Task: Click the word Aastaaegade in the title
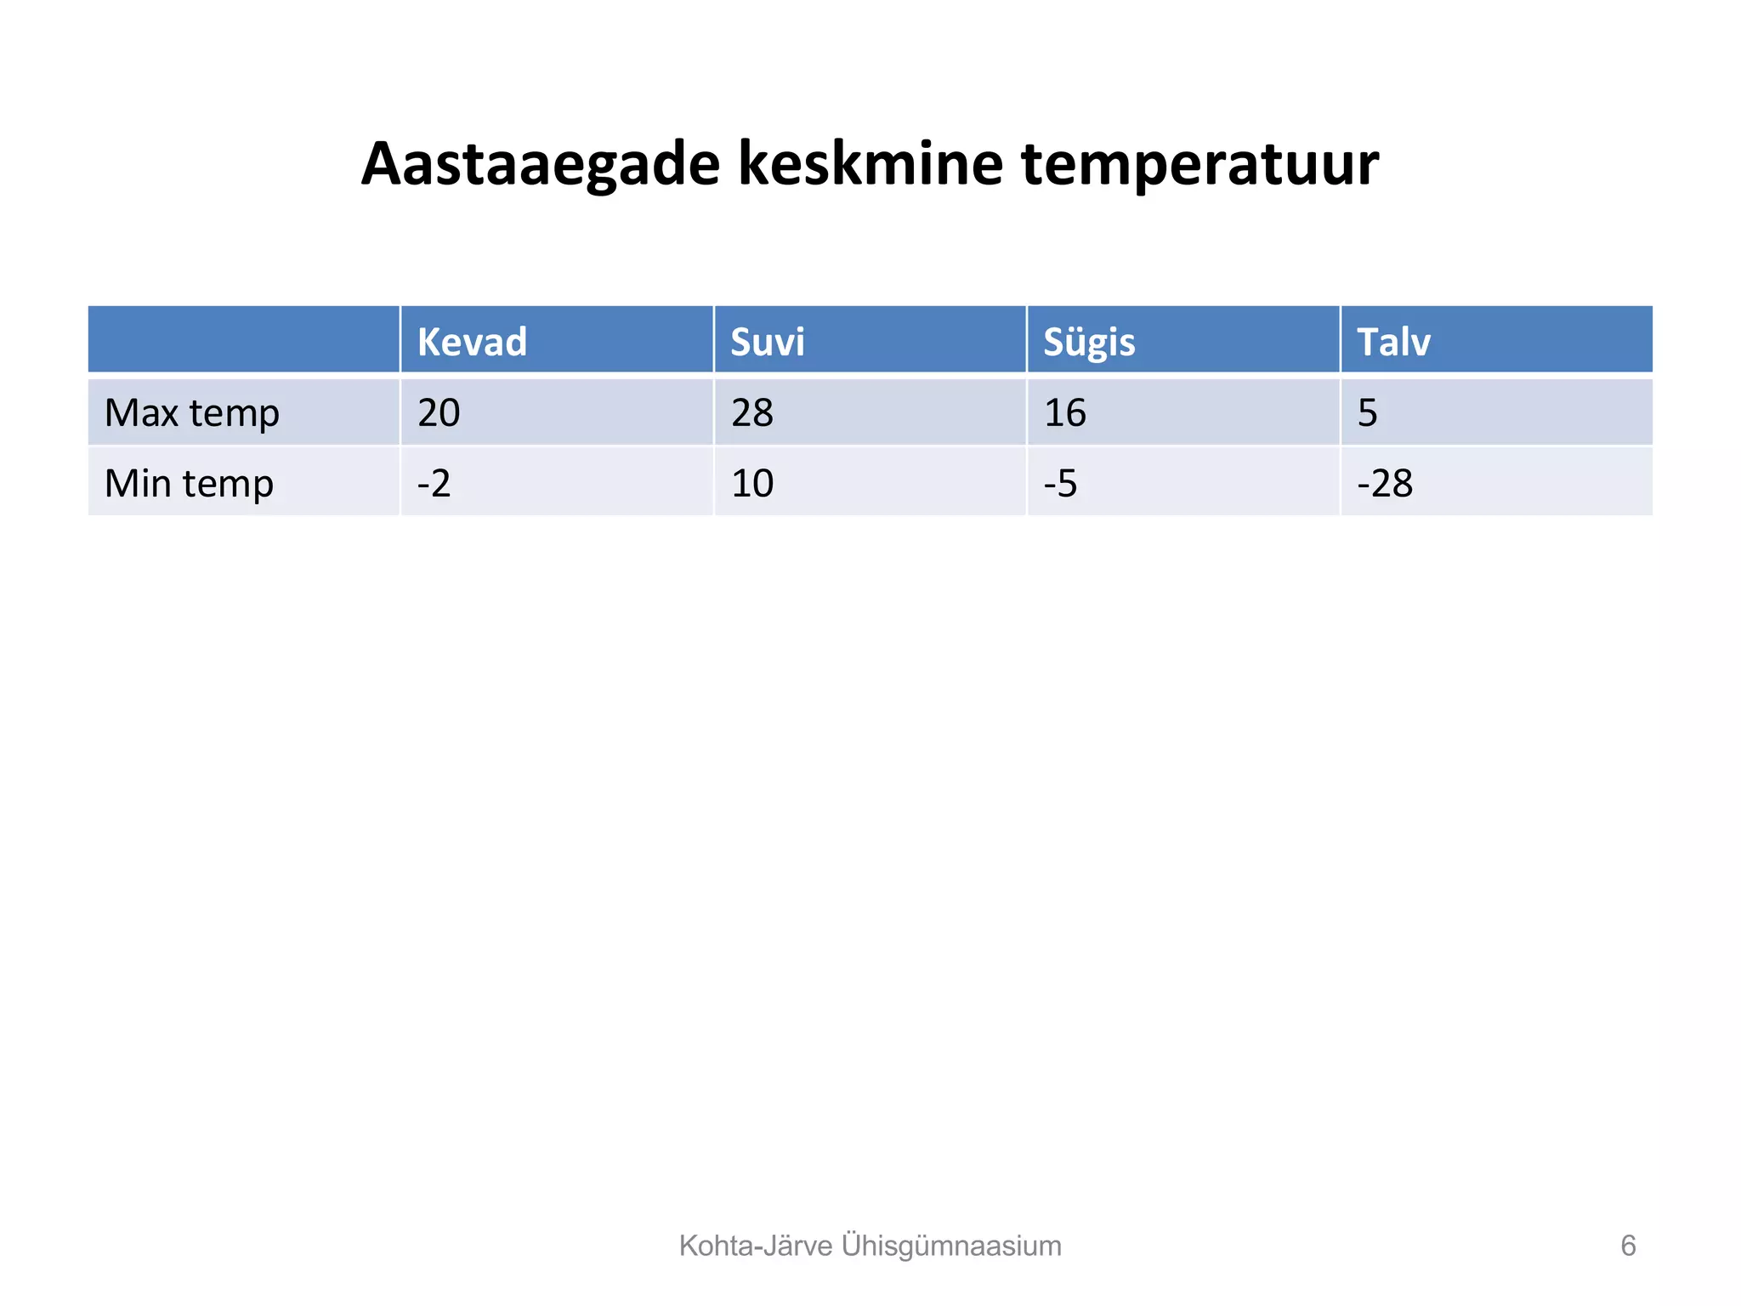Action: (x=541, y=163)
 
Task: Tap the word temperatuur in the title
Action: (x=1199, y=165)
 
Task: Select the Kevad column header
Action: (x=472, y=342)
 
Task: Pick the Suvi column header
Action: (x=767, y=342)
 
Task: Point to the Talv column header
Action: (x=1393, y=342)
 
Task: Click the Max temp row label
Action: (x=191, y=413)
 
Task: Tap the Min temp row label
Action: (x=189, y=484)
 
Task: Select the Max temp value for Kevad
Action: (x=439, y=413)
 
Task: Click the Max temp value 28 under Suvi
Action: (x=752, y=413)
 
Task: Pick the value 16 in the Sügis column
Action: (x=1064, y=413)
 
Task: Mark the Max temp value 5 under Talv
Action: (x=1367, y=413)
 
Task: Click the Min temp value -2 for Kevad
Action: (x=434, y=484)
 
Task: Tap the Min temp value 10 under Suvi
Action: (x=752, y=484)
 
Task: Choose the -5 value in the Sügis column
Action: (x=1060, y=484)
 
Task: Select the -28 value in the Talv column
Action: (x=1384, y=484)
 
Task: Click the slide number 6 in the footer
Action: (x=1627, y=1246)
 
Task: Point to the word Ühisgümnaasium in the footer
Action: (x=951, y=1246)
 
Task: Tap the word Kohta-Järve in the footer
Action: (x=755, y=1246)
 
